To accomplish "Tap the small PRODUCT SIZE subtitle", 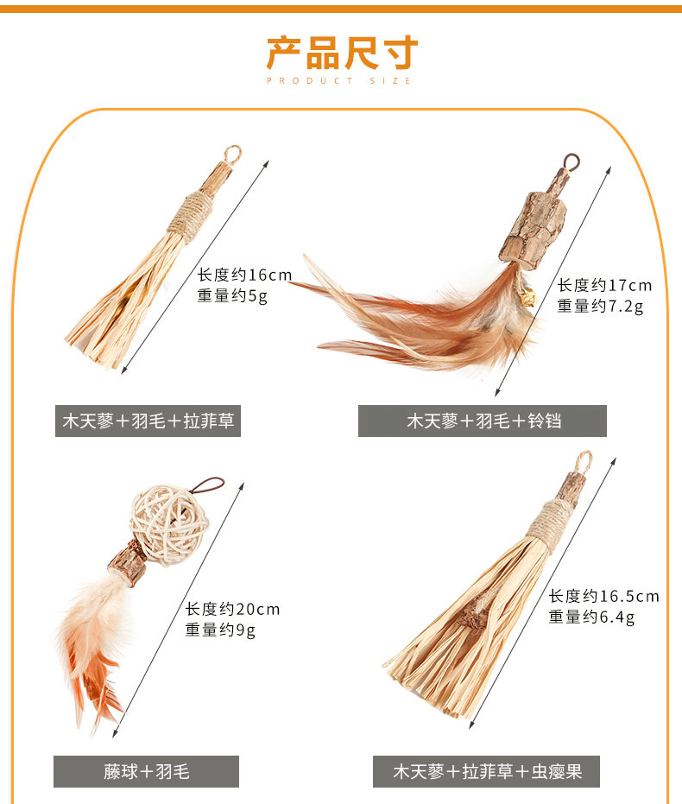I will click(339, 81).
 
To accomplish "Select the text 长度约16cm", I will click(244, 275).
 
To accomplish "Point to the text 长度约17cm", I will click(604, 285).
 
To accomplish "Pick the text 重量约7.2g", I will click(599, 306).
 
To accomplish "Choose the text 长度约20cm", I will click(232, 609).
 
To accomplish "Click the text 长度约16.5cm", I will click(603, 596).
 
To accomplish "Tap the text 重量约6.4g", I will click(591, 617).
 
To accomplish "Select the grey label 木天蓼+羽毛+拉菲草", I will click(148, 421).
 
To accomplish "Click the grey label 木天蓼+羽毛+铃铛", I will click(483, 421).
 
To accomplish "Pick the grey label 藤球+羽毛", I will click(146, 771).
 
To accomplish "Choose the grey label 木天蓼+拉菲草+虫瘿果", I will click(486, 771).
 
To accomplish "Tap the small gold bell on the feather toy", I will click(528, 297).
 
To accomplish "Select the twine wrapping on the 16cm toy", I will click(189, 213).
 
